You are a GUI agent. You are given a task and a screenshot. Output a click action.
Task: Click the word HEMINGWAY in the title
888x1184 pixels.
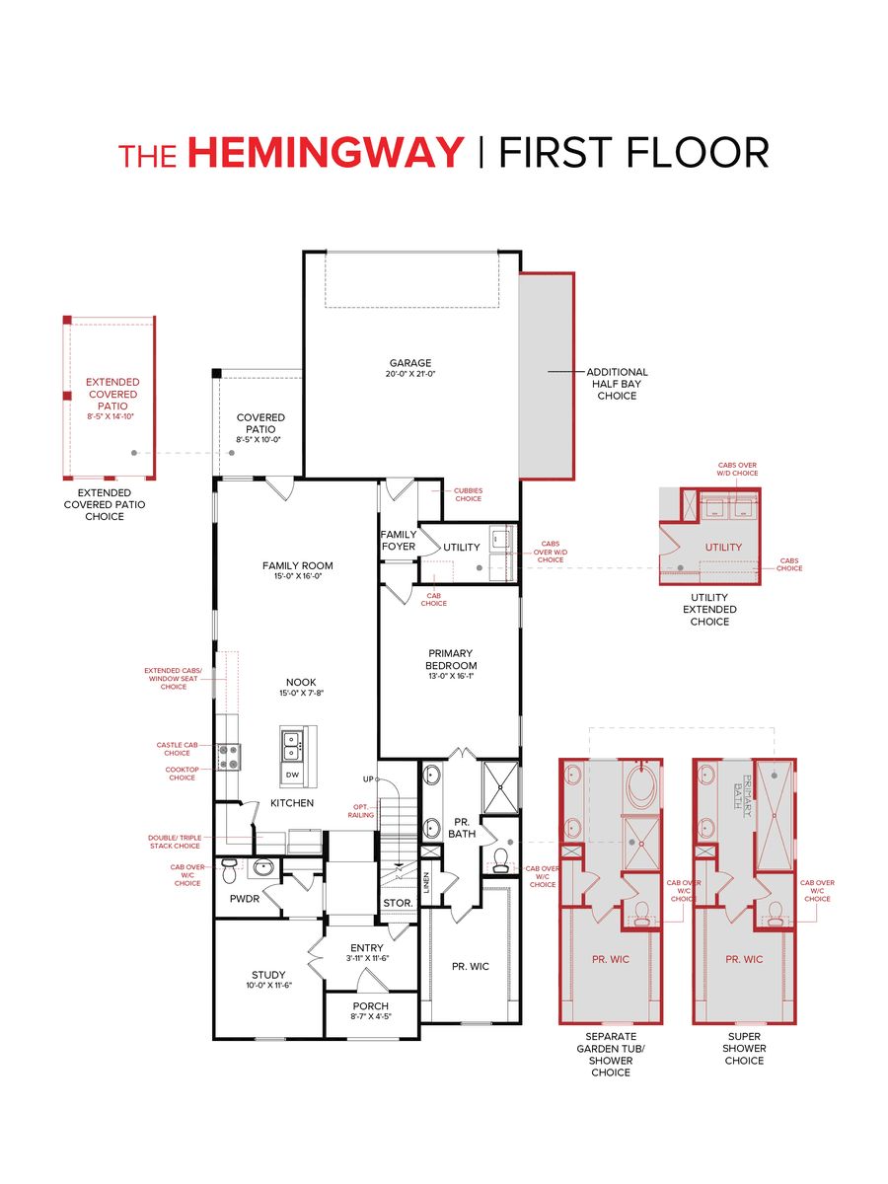click(x=325, y=154)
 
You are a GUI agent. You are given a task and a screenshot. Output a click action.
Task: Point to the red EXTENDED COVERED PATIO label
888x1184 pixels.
click(x=112, y=394)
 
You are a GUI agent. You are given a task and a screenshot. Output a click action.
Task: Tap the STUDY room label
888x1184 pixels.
click(x=267, y=975)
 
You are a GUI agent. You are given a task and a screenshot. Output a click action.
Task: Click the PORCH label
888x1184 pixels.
click(x=370, y=1006)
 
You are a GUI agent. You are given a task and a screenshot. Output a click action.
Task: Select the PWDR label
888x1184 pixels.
click(x=244, y=899)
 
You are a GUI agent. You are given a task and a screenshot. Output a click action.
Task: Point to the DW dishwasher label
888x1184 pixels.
click(x=292, y=776)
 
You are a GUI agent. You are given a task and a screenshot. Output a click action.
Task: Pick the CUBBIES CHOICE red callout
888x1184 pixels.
click(x=468, y=494)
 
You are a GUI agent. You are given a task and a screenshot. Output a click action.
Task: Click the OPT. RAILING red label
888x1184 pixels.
click(x=359, y=811)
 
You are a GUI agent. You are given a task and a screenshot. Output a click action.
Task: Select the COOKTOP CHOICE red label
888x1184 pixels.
click(x=182, y=773)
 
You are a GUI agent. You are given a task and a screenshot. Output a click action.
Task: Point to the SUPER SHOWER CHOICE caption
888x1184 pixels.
click(x=744, y=1049)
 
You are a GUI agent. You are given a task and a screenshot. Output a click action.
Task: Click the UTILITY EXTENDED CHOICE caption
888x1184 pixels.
click(x=709, y=610)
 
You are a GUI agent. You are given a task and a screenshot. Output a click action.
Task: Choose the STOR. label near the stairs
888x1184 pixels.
click(x=397, y=902)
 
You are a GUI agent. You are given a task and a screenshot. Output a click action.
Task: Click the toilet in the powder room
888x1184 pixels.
click(x=230, y=869)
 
